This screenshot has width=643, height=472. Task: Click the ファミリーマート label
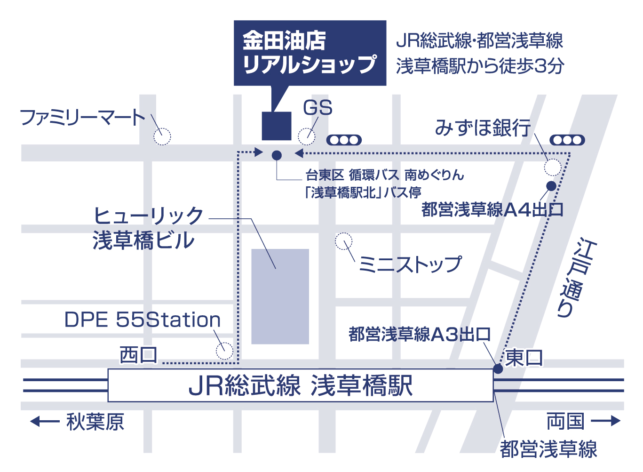coord(82,118)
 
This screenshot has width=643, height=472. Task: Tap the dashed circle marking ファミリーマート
coord(162,128)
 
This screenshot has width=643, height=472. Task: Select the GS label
coord(318,108)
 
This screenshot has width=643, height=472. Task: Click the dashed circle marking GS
coord(307,128)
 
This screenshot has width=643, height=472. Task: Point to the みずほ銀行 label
coord(483,128)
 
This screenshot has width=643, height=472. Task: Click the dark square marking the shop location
coord(277,126)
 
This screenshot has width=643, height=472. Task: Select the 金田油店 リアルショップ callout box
coord(310,53)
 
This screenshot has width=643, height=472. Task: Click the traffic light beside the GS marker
coord(344,140)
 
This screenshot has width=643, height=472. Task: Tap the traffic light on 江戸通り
coord(567,140)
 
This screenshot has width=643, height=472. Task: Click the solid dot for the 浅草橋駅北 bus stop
coord(277,155)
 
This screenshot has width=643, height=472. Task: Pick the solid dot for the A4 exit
coord(551,186)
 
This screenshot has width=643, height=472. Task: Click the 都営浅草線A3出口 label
coord(420,334)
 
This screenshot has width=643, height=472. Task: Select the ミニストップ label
coord(410,264)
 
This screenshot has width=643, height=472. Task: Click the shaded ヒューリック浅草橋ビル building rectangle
coord(280,296)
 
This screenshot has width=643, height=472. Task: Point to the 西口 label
coord(138,355)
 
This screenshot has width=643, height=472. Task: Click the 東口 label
coord(524,358)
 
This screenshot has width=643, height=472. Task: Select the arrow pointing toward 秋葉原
coord(45,422)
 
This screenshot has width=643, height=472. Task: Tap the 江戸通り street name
coord(577,278)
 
